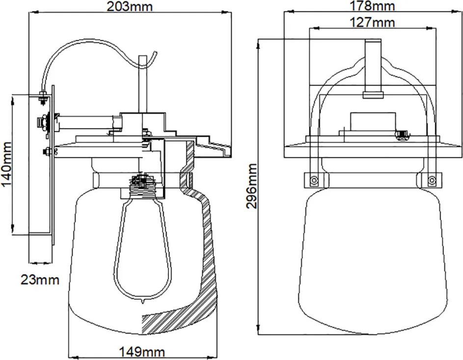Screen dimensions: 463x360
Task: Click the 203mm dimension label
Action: click(x=130, y=6)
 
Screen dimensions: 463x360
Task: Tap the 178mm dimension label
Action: click(x=372, y=5)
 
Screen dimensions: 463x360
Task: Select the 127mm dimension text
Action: click(x=372, y=22)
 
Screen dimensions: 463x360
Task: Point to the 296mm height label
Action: click(x=251, y=186)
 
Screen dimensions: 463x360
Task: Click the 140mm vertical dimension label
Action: click(x=6, y=164)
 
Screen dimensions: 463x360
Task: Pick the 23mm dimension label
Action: click(x=40, y=280)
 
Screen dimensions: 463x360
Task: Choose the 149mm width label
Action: click(x=142, y=352)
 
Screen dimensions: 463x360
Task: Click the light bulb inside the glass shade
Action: click(x=143, y=248)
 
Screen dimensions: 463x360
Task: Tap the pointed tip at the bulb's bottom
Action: click(x=143, y=303)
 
